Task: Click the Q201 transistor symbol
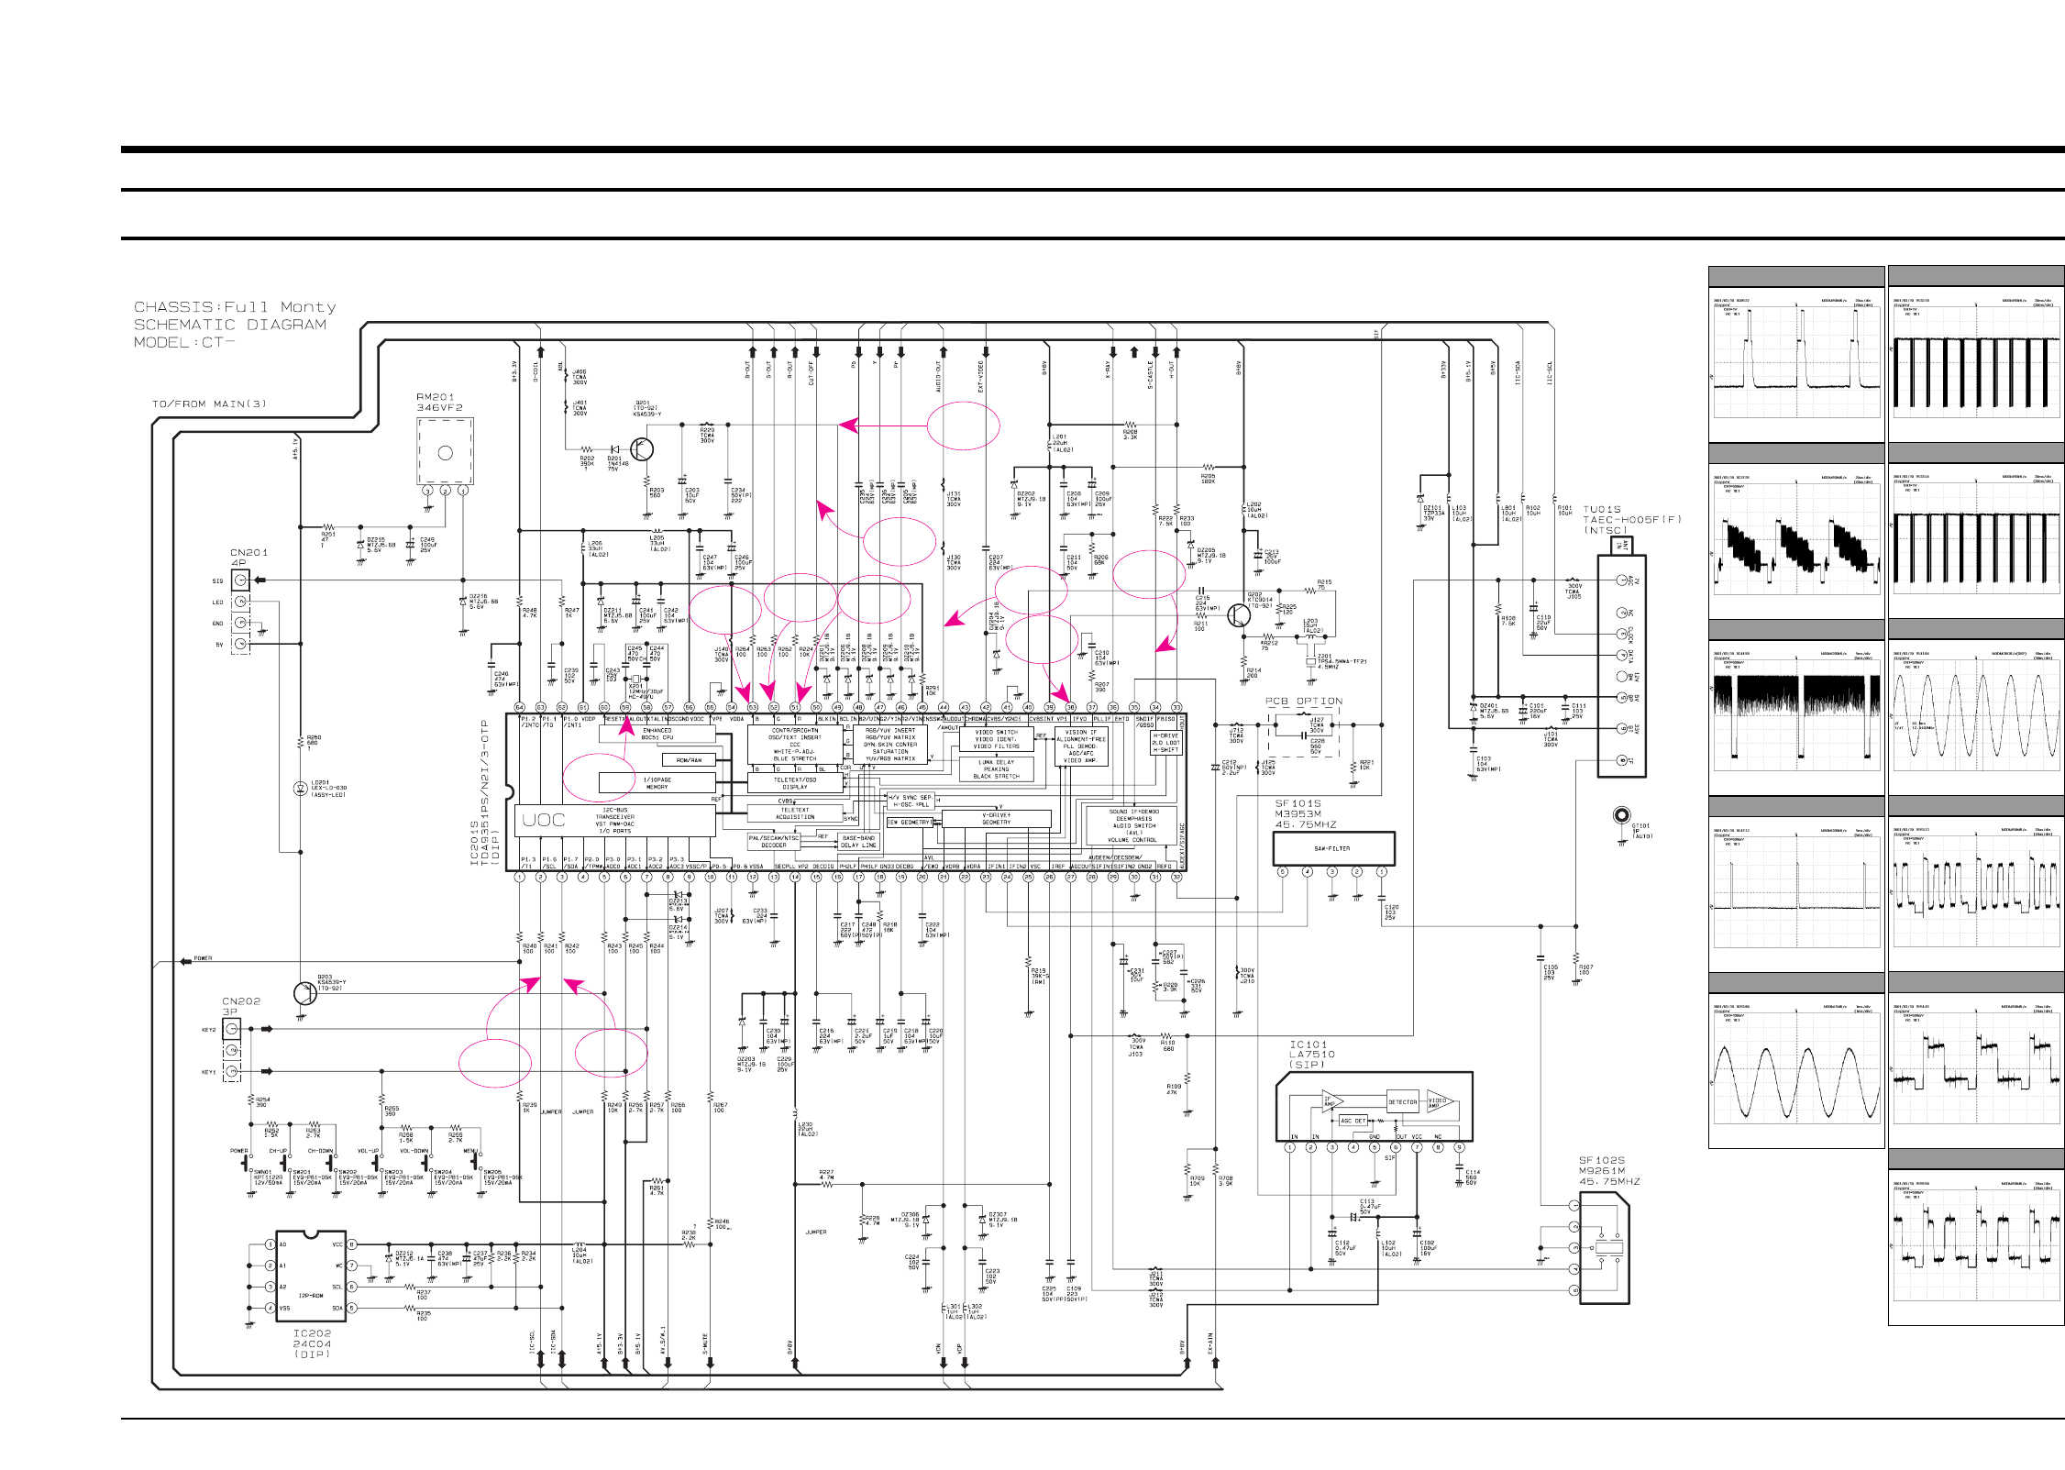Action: [x=643, y=449]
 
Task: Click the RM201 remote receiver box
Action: [x=445, y=451]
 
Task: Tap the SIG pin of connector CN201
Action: [x=240, y=580]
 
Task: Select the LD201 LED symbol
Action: [x=300, y=789]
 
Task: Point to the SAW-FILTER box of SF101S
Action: [x=1332, y=849]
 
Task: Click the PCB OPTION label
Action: [x=1303, y=702]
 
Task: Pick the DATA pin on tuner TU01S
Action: [x=1621, y=655]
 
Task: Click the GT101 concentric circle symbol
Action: [x=1621, y=815]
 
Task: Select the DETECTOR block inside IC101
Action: [x=1401, y=1102]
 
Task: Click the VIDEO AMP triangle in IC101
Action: [x=1437, y=1102]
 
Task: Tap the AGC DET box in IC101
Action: [x=1353, y=1121]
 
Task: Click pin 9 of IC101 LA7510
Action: [x=1459, y=1147]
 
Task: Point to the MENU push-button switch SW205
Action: [x=475, y=1163]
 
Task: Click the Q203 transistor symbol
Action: [x=304, y=992]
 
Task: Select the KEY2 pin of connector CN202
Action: [x=233, y=1029]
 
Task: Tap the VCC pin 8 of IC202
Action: [x=351, y=1244]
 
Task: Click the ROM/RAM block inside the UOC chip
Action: [x=689, y=760]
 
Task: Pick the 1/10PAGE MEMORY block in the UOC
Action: [x=657, y=782]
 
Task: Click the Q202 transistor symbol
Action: [x=1240, y=614]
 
